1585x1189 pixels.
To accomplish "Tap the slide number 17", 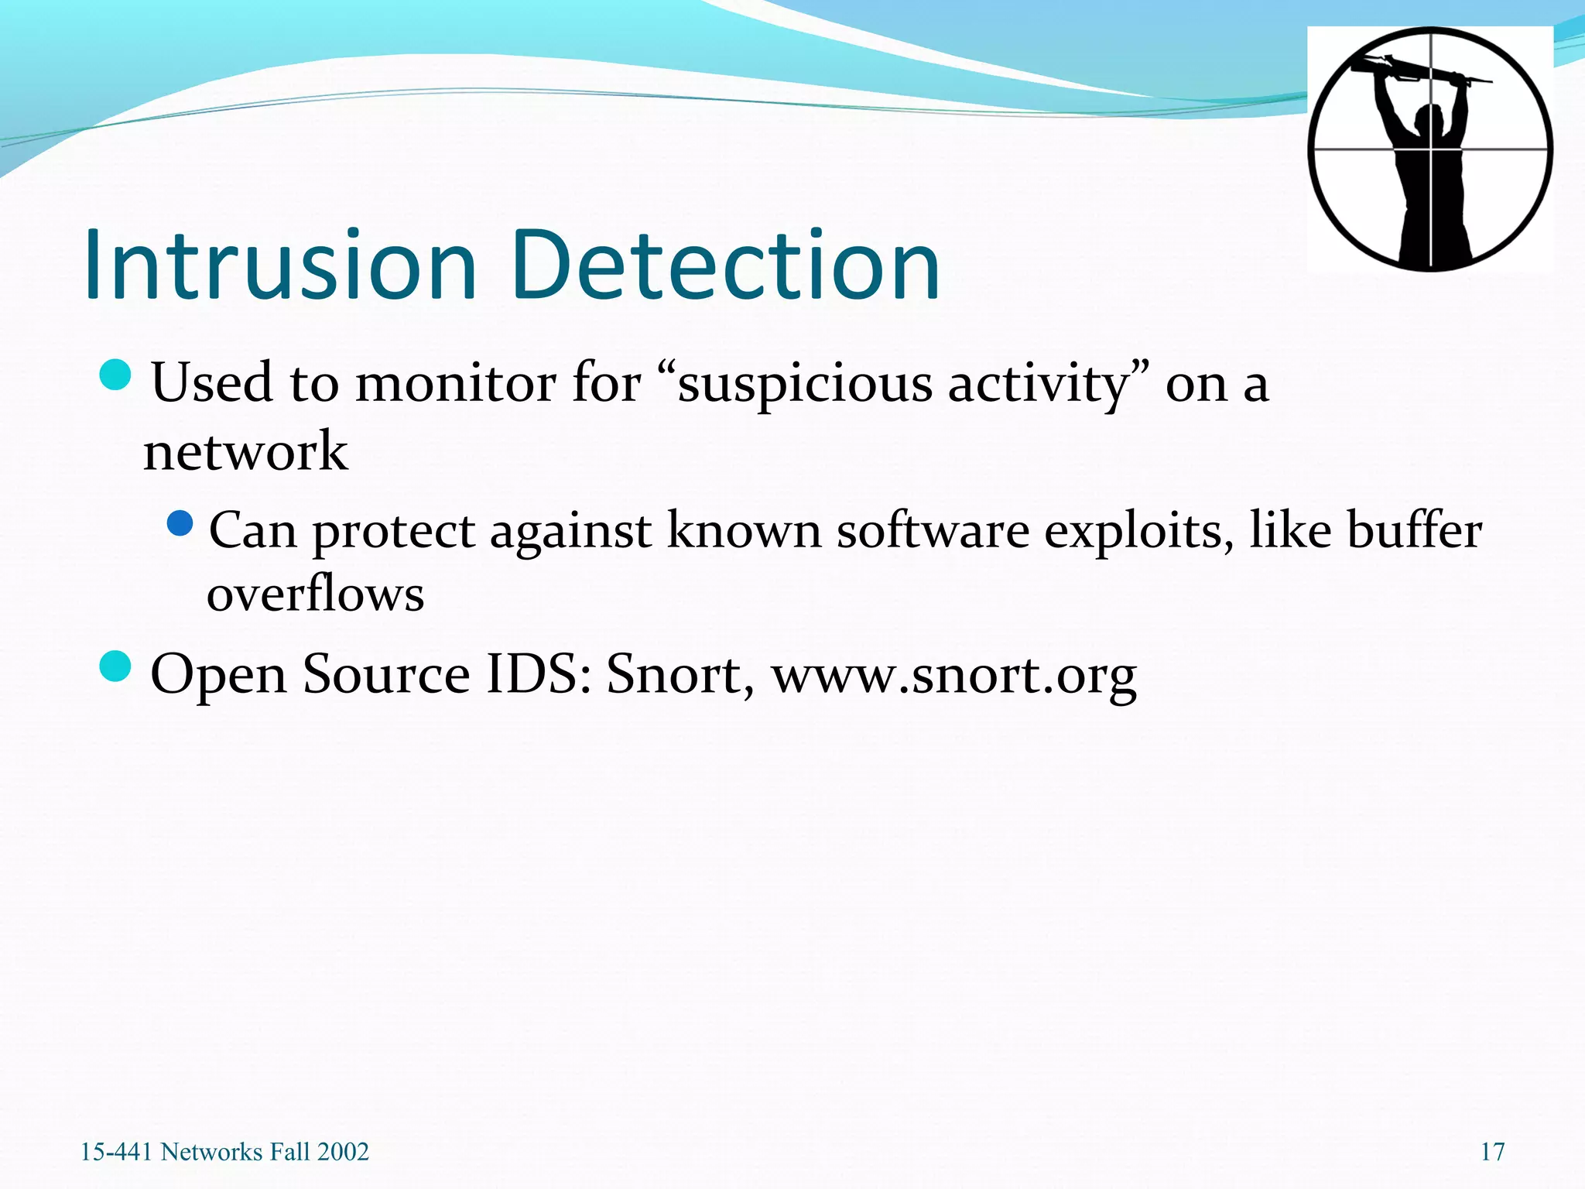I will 1492,1152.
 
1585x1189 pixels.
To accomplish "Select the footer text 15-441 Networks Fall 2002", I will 224,1152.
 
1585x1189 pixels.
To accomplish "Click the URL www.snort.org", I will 953,675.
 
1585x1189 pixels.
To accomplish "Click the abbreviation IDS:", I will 539,675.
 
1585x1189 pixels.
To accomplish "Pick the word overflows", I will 316,594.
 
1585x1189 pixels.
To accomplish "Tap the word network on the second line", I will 246,452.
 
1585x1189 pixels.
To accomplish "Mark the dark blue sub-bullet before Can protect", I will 180,524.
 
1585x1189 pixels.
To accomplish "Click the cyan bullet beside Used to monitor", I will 116,375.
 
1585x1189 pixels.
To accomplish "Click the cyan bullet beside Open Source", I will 116,666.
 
